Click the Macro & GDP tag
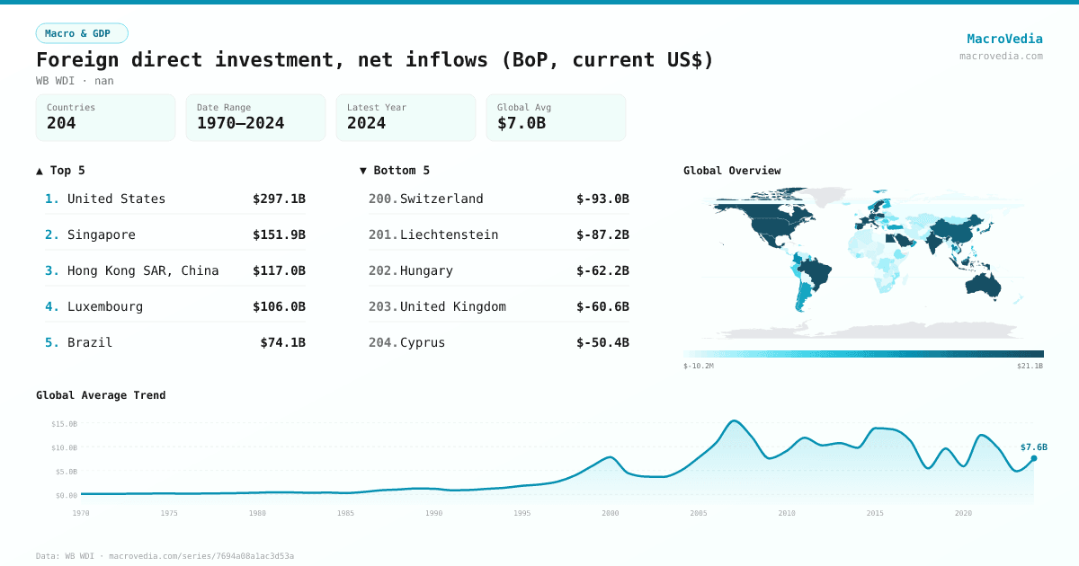(82, 33)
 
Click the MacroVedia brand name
(1004, 39)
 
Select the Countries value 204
(61, 123)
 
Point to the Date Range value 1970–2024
(240, 123)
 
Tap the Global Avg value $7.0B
(521, 123)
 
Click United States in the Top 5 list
(116, 199)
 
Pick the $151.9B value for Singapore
(279, 234)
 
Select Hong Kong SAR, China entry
(143, 270)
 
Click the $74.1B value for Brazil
(282, 342)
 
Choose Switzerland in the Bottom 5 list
(441, 199)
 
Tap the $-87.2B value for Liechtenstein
(602, 234)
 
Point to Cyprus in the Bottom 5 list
(423, 342)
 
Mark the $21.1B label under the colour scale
(1030, 367)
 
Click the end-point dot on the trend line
(1034, 458)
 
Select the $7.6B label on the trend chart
(1033, 447)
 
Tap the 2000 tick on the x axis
(611, 513)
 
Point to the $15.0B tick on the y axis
(64, 423)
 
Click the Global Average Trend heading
(101, 395)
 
